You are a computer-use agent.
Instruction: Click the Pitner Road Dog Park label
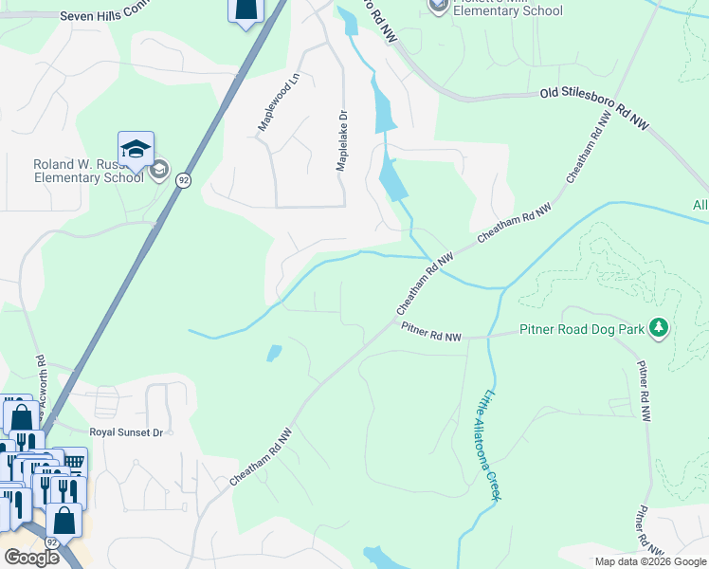[x=582, y=331]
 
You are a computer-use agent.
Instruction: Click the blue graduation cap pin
[x=136, y=150]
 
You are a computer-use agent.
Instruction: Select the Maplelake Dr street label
[x=341, y=140]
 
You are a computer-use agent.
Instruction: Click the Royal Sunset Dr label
[x=126, y=432]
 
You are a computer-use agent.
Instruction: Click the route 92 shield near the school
[x=184, y=180]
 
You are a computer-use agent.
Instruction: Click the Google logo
[x=31, y=558]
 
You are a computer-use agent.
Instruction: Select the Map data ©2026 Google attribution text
[x=650, y=561]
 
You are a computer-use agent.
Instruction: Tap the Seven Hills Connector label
[x=104, y=16]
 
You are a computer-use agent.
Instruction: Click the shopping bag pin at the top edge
[x=245, y=9]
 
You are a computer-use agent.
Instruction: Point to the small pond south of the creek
[x=274, y=354]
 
